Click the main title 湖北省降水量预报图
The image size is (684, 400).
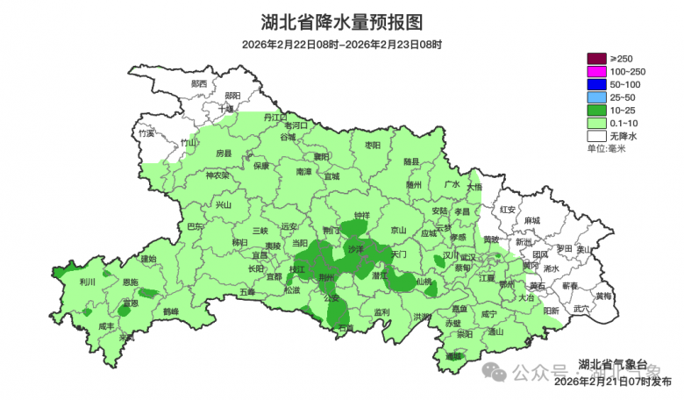click(x=342, y=21)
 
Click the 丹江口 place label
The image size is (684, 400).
click(x=275, y=117)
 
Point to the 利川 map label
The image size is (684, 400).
click(x=87, y=282)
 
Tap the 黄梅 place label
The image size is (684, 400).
click(x=603, y=296)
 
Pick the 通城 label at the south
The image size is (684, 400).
click(x=452, y=356)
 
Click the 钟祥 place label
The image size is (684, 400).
click(x=362, y=215)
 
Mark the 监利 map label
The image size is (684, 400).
click(x=381, y=312)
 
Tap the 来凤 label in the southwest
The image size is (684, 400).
click(x=127, y=337)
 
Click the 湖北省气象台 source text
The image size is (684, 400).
click(x=612, y=364)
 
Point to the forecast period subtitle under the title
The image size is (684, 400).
click(x=342, y=44)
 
